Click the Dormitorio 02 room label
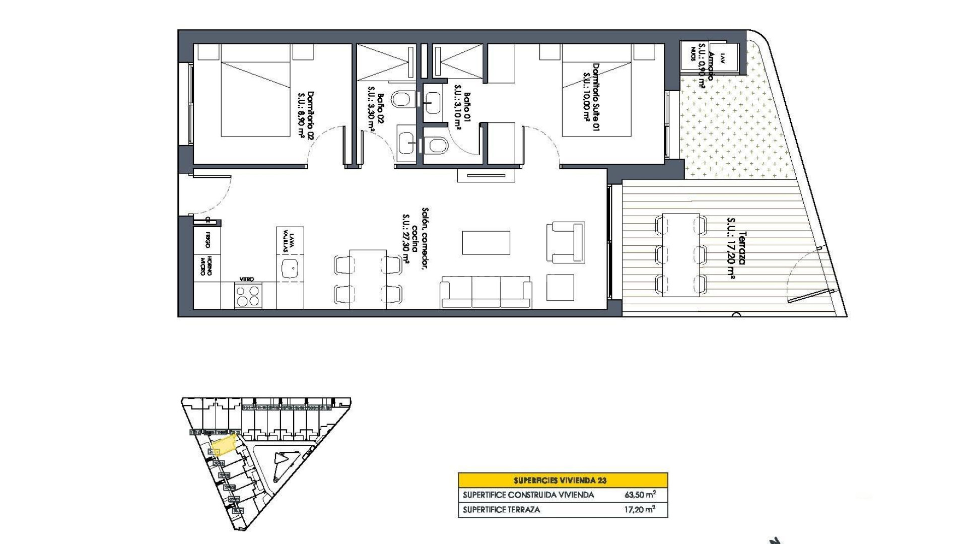tap(306, 115)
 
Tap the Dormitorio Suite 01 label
tap(591, 97)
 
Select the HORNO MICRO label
tap(206, 266)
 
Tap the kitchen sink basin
tap(290, 269)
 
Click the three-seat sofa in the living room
tap(486, 292)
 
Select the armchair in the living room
tap(566, 242)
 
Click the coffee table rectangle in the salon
tap(486, 242)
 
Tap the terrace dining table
tap(681, 255)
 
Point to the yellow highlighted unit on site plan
tap(223, 445)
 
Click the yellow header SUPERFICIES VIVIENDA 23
tap(563, 480)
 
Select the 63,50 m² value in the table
tap(640, 495)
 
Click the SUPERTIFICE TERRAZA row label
tap(501, 510)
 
